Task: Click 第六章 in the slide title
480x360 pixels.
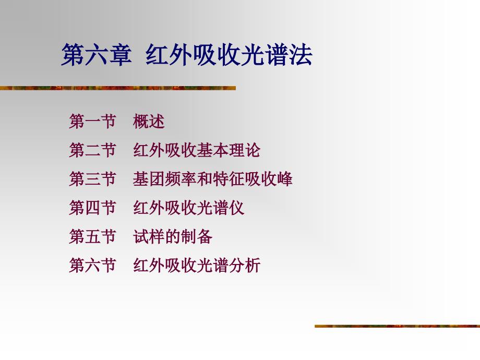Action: (97, 55)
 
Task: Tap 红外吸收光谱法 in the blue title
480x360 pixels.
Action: (229, 55)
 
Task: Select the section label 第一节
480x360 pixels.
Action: (92, 121)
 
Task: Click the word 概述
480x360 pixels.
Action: (149, 121)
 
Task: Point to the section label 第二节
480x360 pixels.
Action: (92, 150)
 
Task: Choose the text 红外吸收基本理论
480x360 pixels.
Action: (197, 150)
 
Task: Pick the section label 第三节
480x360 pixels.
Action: (92, 179)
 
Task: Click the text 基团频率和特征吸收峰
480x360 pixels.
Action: (212, 179)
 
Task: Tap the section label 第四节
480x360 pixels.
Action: (92, 208)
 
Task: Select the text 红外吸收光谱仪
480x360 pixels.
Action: (188, 208)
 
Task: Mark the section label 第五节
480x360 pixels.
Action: (92, 236)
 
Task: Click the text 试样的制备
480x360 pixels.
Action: (173, 236)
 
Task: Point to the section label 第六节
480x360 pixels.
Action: (92, 265)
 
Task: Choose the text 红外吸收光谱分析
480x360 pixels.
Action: (197, 265)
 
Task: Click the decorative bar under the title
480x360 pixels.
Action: (118, 88)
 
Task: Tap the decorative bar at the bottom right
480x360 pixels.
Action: (398, 326)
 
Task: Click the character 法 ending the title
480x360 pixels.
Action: (301, 55)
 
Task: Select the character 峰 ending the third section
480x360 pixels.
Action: (284, 179)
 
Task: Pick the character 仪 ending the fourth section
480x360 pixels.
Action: (236, 208)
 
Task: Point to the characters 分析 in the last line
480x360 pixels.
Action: (244, 265)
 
